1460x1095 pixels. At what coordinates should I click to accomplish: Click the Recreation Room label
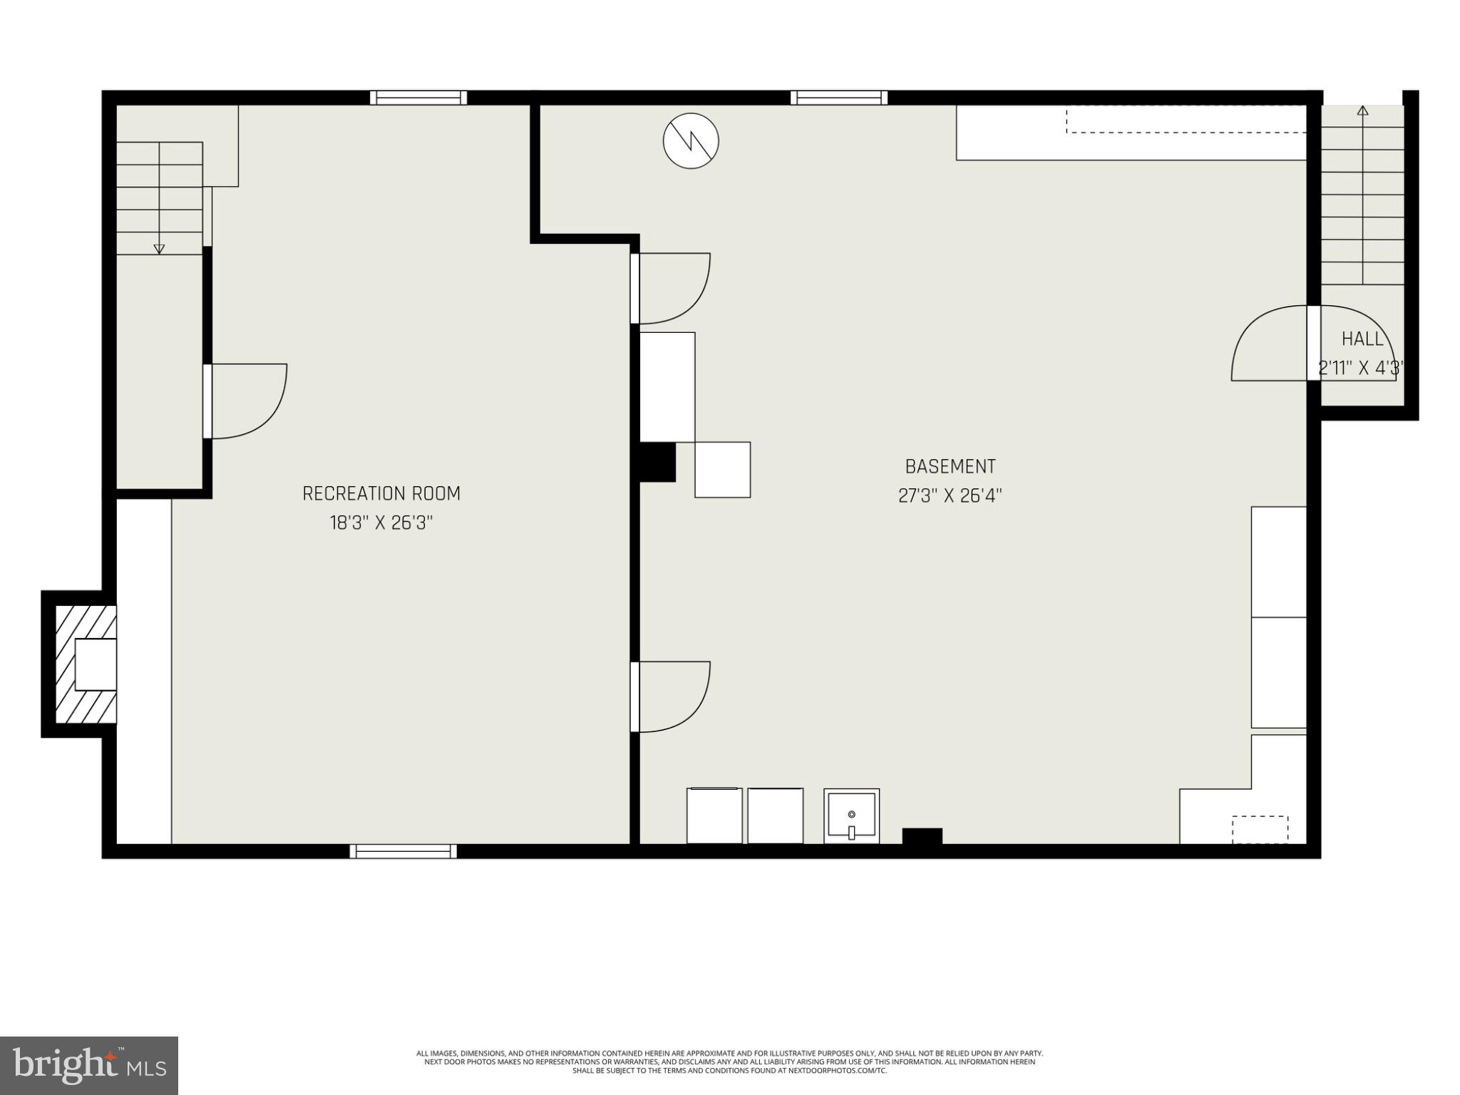click(381, 493)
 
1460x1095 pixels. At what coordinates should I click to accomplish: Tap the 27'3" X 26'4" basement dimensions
click(950, 495)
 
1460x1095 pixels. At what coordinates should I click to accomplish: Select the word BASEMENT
click(950, 466)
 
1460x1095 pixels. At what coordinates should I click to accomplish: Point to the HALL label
click(1362, 339)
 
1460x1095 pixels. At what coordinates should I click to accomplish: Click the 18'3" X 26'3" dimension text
click(381, 523)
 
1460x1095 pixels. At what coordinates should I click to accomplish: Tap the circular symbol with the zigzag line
click(691, 141)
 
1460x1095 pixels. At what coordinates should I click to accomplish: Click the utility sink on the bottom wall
click(851, 816)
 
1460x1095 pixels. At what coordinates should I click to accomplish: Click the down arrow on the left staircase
click(159, 248)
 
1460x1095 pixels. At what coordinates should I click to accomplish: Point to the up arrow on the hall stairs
click(1362, 111)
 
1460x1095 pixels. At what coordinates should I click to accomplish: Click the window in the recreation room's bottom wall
click(403, 850)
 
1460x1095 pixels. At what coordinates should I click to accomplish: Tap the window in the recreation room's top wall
click(418, 98)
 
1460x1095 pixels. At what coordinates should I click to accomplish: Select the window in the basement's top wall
click(838, 98)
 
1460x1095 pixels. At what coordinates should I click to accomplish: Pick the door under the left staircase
click(246, 401)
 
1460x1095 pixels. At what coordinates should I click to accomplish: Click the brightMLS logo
click(88, 1065)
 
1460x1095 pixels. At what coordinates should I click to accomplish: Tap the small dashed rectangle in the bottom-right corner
click(1260, 829)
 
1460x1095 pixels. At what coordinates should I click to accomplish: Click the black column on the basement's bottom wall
click(922, 836)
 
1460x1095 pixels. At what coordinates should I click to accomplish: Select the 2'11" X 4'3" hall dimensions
click(1361, 368)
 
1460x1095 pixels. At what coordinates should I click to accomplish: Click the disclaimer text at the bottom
click(729, 1061)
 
